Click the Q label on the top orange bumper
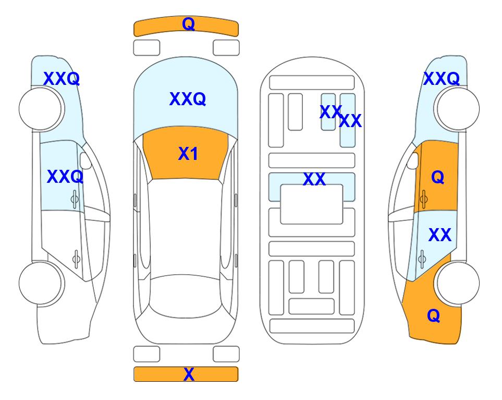[x=189, y=23]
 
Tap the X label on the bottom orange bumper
[x=189, y=374]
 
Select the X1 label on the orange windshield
[x=188, y=154]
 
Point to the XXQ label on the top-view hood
[x=188, y=99]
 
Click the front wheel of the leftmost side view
[x=40, y=109]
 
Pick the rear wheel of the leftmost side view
[x=40, y=283]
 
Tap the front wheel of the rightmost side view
[x=458, y=109]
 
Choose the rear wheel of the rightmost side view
[x=458, y=283]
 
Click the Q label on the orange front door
[x=438, y=177]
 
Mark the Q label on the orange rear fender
[x=434, y=316]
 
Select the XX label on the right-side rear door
[x=440, y=235]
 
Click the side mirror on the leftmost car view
[x=85, y=160]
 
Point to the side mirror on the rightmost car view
[x=413, y=160]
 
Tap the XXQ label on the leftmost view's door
[x=65, y=177]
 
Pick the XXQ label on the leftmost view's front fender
[x=62, y=79]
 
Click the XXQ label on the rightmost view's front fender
[x=442, y=79]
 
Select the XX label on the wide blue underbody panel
[x=314, y=179]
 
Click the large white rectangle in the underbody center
[x=312, y=204]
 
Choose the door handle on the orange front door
[x=424, y=199]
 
